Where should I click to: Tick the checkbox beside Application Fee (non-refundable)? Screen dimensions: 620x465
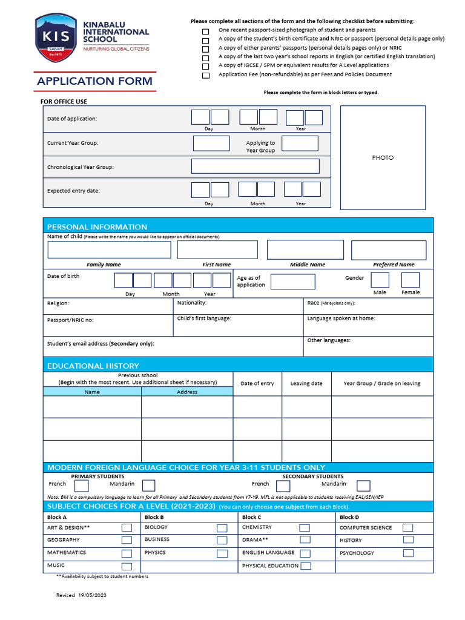tap(206, 76)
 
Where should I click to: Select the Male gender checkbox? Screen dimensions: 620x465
tap(380, 280)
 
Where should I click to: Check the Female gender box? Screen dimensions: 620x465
tap(410, 280)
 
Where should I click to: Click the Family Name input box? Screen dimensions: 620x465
tap(109, 249)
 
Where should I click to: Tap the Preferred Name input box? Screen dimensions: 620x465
tap(389, 249)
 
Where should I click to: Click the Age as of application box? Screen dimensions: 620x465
tap(292, 282)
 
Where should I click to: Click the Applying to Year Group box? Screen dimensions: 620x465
tap(300, 143)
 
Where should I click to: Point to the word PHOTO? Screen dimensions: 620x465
tap(383, 157)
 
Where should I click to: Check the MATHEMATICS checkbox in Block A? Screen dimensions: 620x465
tap(127, 553)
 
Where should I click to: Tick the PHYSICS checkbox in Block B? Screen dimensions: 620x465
tap(222, 553)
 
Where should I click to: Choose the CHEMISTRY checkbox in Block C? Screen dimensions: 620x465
tap(305, 528)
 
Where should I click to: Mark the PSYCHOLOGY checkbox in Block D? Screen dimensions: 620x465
tap(409, 553)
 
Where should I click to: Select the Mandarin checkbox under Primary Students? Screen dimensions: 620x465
tap(148, 486)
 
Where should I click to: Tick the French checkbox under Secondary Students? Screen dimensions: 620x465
tap(283, 486)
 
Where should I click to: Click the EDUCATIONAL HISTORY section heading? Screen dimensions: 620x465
tap(93, 366)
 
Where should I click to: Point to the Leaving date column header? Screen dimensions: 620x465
tap(306, 383)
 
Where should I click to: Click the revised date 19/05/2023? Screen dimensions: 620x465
tap(92, 596)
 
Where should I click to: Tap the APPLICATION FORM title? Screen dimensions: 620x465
tap(95, 81)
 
